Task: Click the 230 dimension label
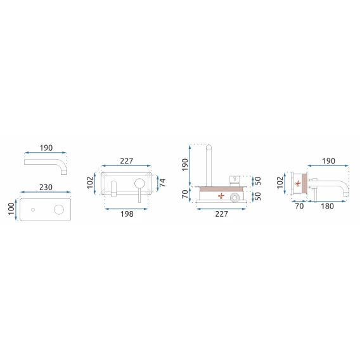[x=46, y=188]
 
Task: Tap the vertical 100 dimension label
[x=11, y=209]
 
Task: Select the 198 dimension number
[x=127, y=214]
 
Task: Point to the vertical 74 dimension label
[x=162, y=183]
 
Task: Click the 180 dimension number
[x=327, y=206]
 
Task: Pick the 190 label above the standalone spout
[x=46, y=148]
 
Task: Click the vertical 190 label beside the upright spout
[x=185, y=165]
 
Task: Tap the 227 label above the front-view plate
[x=127, y=161]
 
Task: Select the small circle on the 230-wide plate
[x=33, y=210]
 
